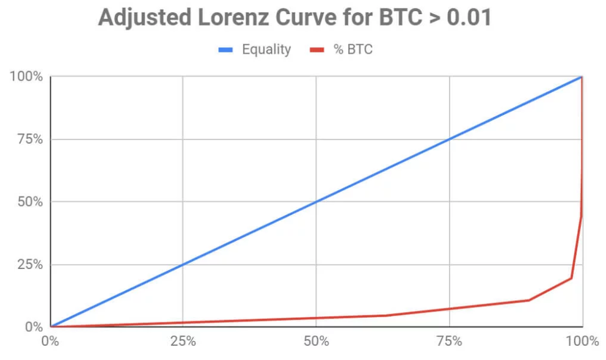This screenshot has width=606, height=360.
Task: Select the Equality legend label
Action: pos(266,50)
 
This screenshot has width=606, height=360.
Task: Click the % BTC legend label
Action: pos(353,50)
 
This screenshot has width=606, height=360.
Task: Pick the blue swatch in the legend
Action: pos(226,50)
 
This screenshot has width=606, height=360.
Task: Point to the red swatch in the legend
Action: pos(318,50)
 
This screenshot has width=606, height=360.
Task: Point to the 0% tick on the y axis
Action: pos(33,327)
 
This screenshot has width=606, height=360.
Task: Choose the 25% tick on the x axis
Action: pos(183,341)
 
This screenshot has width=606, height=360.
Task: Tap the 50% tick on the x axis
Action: pos(316,341)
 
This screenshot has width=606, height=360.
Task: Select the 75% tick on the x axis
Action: pos(449,341)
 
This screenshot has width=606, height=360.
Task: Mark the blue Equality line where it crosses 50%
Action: pos(316,202)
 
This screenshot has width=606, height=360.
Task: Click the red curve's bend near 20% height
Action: pos(571,278)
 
